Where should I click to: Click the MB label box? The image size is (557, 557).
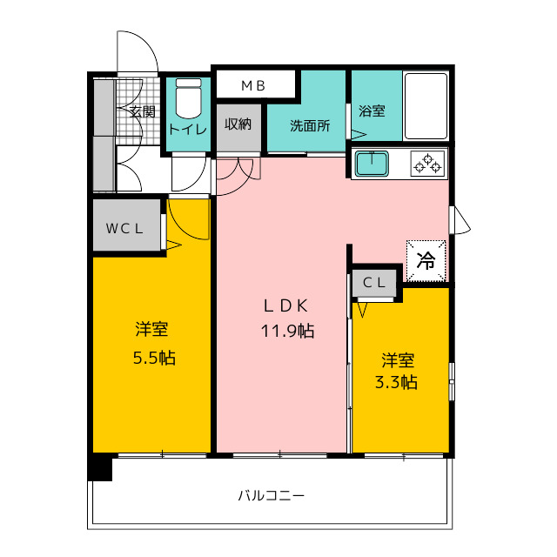tap(256, 84)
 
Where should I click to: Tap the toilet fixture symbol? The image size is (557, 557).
tap(189, 98)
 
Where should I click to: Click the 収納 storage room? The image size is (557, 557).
tap(238, 128)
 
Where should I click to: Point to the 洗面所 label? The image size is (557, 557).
tap(310, 125)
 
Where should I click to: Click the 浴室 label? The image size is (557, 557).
tap(372, 111)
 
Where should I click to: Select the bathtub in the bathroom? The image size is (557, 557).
tap(426, 106)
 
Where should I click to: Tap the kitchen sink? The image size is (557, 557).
tap(372, 164)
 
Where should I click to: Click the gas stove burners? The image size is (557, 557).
tap(427, 164)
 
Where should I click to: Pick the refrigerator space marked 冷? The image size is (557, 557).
tap(426, 261)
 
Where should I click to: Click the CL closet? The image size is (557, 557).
tap(374, 283)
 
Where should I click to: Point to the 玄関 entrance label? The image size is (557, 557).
tap(142, 112)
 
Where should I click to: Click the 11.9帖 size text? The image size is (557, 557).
tap(287, 331)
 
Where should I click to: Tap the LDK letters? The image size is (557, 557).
tap(285, 305)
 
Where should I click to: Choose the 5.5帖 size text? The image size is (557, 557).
tap(154, 358)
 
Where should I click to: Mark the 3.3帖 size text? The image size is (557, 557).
tap(396, 383)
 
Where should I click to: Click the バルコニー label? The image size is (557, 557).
tap(271, 495)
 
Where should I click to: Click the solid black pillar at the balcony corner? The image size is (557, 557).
tap(100, 469)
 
